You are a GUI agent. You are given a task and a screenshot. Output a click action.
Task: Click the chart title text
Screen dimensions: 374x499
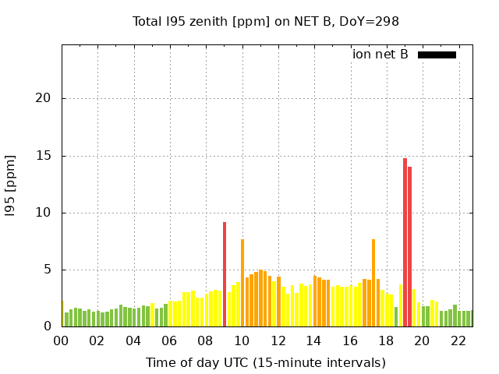tap(266, 22)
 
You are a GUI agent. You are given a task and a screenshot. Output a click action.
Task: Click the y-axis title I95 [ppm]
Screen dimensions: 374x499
tap(11, 185)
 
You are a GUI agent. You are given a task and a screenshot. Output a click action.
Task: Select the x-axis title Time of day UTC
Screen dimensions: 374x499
tap(266, 362)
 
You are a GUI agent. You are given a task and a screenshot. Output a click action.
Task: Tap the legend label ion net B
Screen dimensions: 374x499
tap(380, 55)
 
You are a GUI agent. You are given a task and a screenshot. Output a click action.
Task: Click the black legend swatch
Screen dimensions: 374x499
tap(437, 55)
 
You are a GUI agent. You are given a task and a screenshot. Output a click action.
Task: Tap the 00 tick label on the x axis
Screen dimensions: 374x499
tap(62, 340)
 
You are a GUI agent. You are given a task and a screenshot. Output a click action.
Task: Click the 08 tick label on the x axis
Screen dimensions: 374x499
tap(206, 340)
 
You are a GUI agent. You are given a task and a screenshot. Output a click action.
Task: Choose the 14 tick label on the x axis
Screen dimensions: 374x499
tap(313, 340)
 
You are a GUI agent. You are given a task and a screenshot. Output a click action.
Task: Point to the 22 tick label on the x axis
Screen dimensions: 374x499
tap(458, 340)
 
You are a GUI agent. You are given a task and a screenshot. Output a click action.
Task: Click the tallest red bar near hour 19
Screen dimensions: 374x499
tap(405, 242)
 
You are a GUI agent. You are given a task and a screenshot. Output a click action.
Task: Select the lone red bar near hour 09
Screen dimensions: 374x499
tap(225, 274)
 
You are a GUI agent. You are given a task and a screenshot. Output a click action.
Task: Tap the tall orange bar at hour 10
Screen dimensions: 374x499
tap(242, 283)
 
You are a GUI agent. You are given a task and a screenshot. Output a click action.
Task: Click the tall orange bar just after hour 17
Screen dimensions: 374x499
tap(373, 283)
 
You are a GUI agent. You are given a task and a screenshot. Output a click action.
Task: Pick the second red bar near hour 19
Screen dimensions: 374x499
tap(409, 246)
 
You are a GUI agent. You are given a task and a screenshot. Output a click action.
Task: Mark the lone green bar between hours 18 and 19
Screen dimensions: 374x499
tap(396, 317)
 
